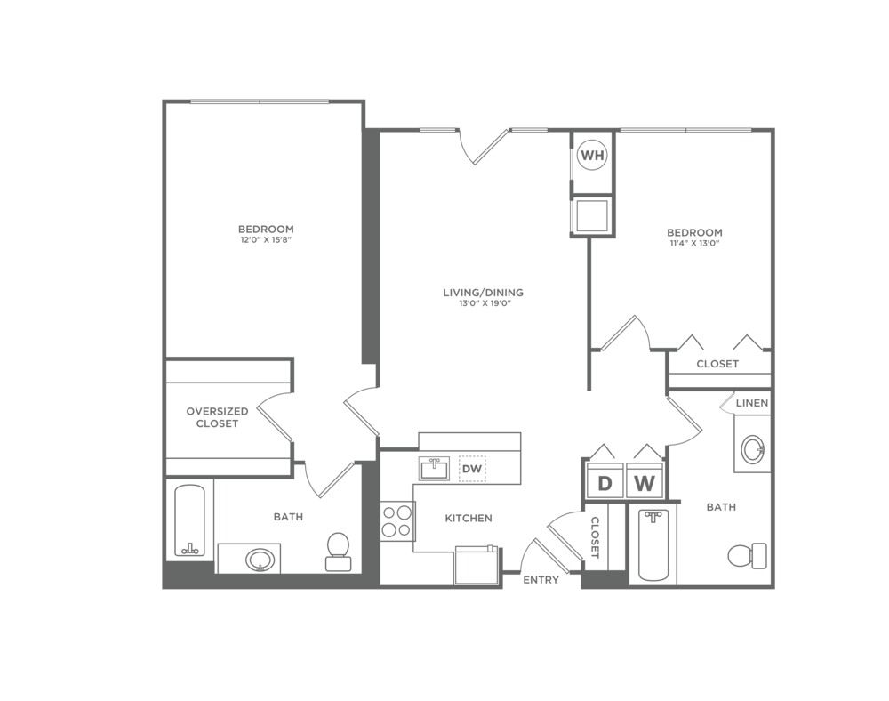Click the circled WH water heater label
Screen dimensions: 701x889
pos(591,156)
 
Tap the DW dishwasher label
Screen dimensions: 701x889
pos(471,469)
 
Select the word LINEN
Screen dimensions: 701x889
pos(752,404)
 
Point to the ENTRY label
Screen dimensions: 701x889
pos(541,580)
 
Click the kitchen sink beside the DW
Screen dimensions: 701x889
pos(434,469)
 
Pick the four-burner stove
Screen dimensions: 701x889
pos(396,520)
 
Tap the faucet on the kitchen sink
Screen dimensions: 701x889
pos(434,461)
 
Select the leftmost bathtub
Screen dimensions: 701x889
pos(189,520)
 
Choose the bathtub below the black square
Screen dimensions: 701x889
pos(653,544)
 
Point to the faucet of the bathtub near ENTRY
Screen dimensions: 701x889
pos(653,516)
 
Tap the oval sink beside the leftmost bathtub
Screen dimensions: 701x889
pos(260,560)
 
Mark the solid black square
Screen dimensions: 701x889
pos(701,471)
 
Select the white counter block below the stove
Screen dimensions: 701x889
pos(416,568)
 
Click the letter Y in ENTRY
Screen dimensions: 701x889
pos(556,580)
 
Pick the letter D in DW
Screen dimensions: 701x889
pos(466,469)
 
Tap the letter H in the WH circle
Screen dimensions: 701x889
pos(597,156)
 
